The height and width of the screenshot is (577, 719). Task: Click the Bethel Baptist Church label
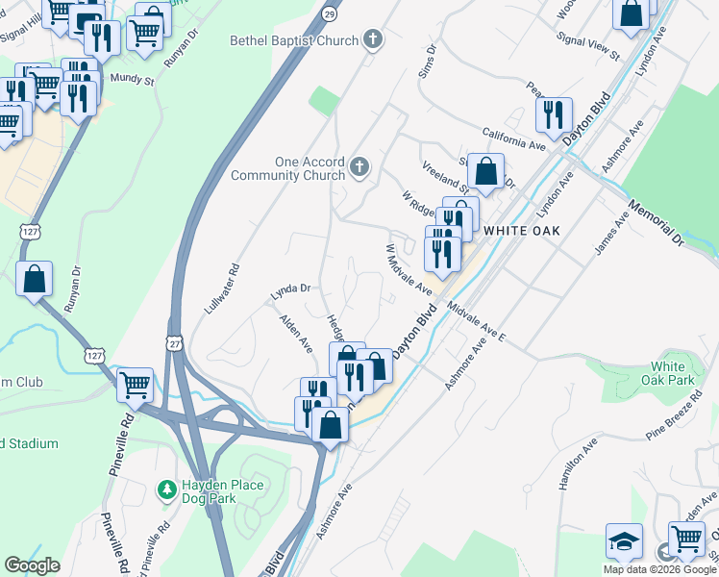292,40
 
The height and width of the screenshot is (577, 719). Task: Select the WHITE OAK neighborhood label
521,231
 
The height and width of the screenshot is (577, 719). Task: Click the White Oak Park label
668,372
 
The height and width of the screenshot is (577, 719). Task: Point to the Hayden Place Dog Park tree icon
167,490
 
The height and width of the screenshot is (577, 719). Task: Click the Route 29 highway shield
330,17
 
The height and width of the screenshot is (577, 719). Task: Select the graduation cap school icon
624,541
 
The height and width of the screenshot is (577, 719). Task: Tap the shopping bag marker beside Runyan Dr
35,280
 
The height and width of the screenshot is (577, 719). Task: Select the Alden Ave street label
296,331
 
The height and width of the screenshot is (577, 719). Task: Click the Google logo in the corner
32,564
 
